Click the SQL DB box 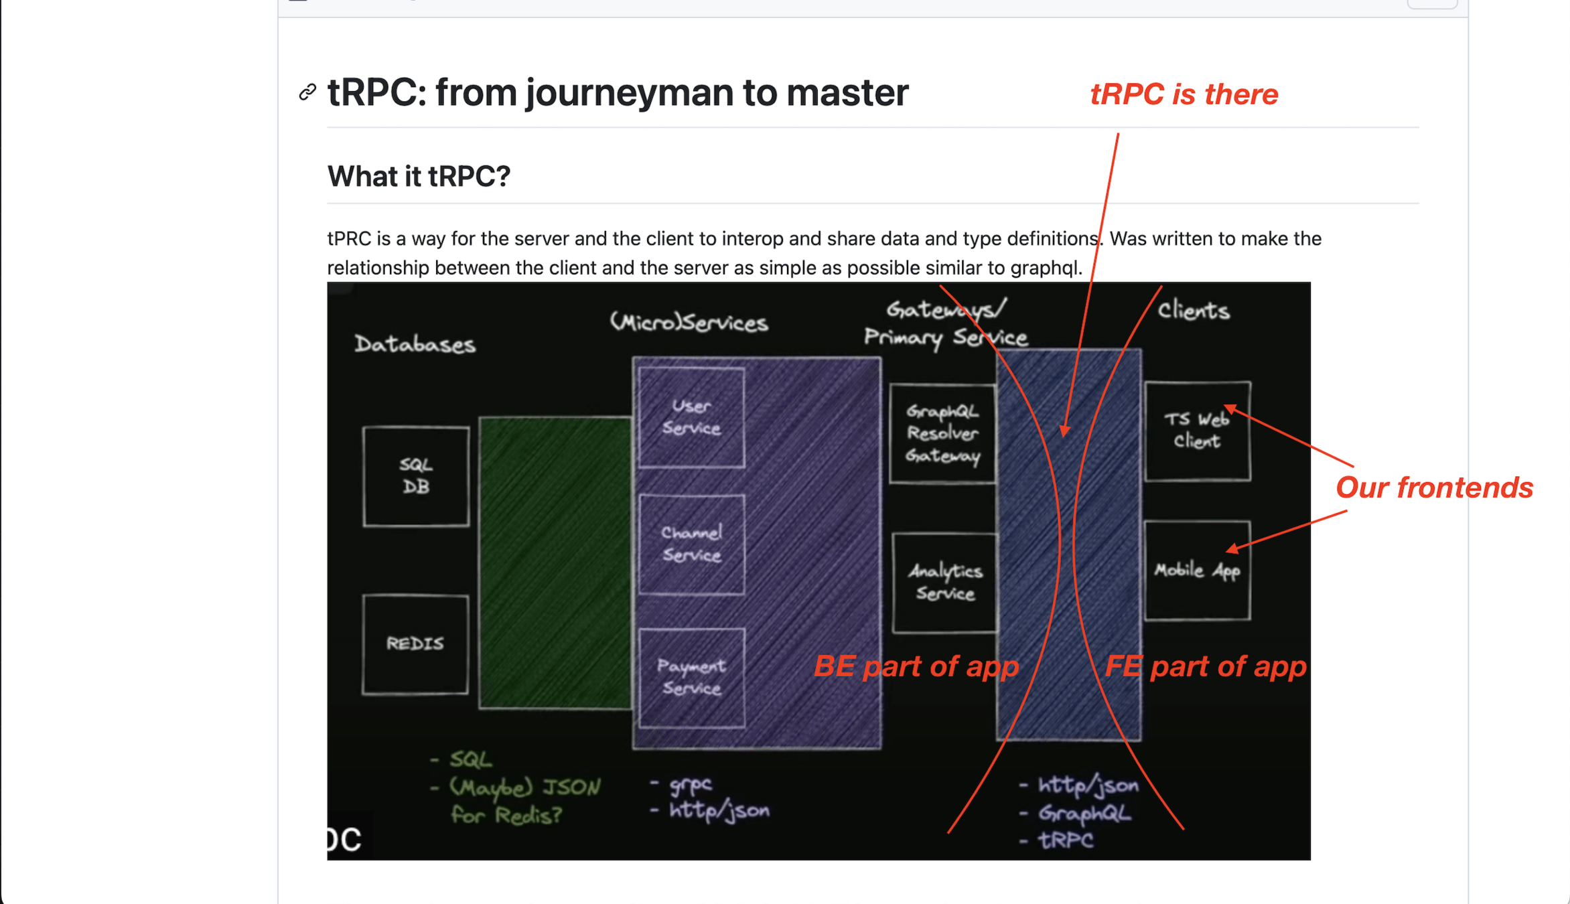(416, 476)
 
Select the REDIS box (415, 644)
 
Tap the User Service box (691, 417)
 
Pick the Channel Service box (691, 544)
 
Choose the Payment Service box (691, 678)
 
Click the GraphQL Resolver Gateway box (942, 433)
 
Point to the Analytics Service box (944, 582)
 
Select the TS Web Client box (1197, 431)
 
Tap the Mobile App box (1197, 571)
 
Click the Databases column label (415, 344)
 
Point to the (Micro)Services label (689, 323)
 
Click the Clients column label (1194, 311)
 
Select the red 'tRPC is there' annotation (1184, 94)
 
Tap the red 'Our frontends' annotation (1434, 487)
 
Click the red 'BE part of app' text (916, 666)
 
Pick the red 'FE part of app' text (1205, 666)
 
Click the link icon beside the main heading (307, 92)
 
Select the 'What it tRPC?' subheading (419, 177)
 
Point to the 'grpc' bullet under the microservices (690, 784)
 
